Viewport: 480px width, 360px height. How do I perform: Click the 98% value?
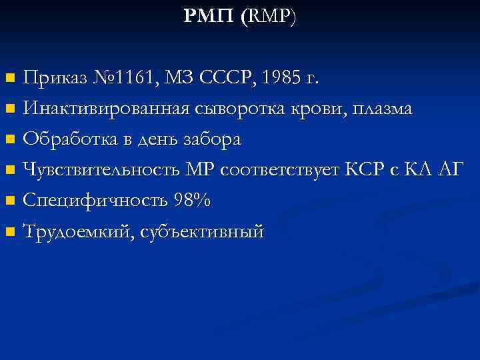pos(192,201)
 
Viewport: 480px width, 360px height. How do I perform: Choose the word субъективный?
pos(202,232)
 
